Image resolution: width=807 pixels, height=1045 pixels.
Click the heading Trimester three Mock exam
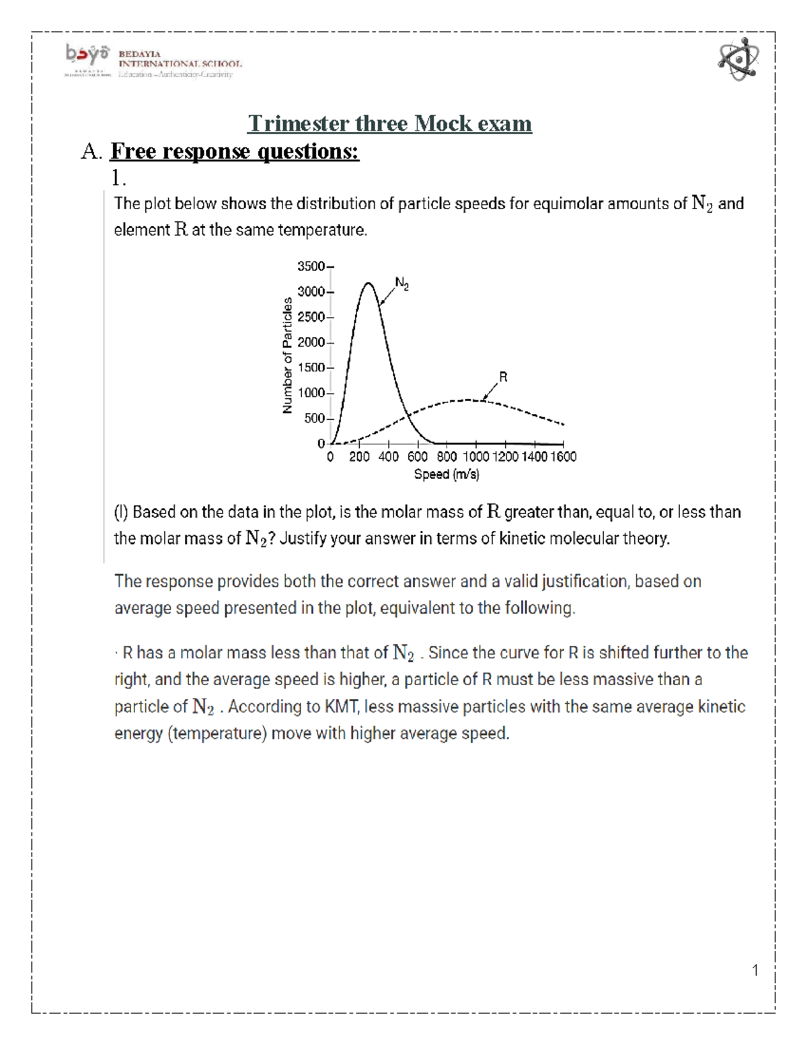[389, 124]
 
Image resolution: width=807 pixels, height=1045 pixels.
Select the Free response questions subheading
[235, 151]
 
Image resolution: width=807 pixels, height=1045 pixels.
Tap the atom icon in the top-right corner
[738, 59]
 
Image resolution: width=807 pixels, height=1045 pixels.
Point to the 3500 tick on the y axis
[311, 266]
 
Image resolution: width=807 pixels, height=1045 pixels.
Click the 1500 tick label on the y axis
[311, 368]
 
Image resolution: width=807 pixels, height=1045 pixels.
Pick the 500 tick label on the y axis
[314, 419]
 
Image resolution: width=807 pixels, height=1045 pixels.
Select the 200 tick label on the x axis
[359, 457]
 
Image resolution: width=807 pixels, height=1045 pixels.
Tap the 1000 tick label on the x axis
[476, 457]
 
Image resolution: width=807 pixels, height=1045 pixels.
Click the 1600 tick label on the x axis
[564, 457]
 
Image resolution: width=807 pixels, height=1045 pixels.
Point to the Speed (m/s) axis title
[447, 474]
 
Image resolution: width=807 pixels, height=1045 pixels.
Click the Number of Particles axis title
[288, 355]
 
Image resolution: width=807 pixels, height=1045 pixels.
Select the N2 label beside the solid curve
[401, 283]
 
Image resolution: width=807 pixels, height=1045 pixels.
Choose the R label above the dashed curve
[503, 377]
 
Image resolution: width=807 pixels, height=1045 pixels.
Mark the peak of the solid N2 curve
[368, 283]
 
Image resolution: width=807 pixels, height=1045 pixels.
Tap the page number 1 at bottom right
[755, 970]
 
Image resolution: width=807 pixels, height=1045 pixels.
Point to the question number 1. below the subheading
[119, 178]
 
